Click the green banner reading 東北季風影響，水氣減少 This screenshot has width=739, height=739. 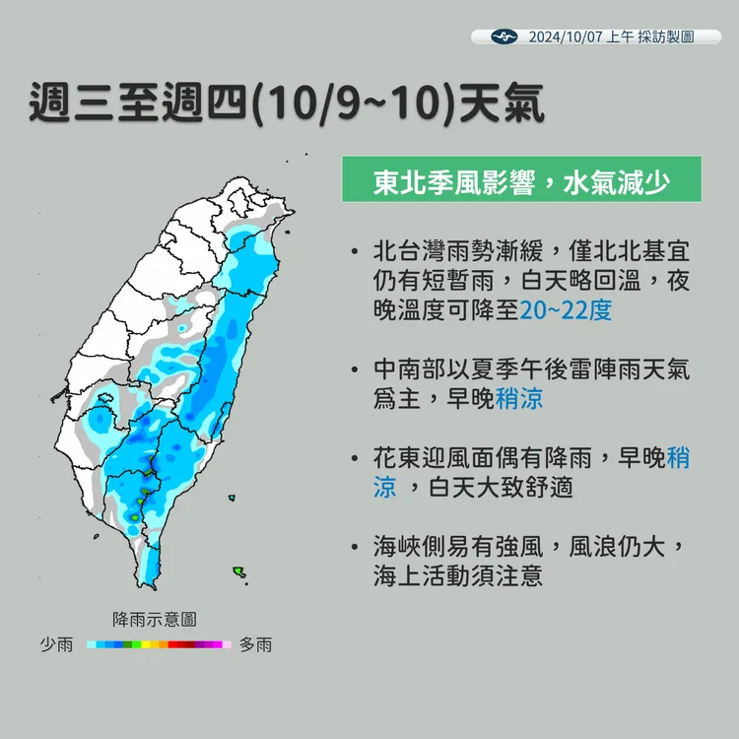click(521, 180)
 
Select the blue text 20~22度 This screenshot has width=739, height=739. click(567, 310)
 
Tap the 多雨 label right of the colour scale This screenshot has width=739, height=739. click(255, 644)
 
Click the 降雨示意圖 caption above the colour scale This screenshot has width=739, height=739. click(155, 619)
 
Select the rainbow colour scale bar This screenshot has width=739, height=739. click(158, 644)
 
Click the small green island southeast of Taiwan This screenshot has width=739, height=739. click(238, 571)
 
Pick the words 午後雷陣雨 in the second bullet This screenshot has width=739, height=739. click(544, 369)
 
